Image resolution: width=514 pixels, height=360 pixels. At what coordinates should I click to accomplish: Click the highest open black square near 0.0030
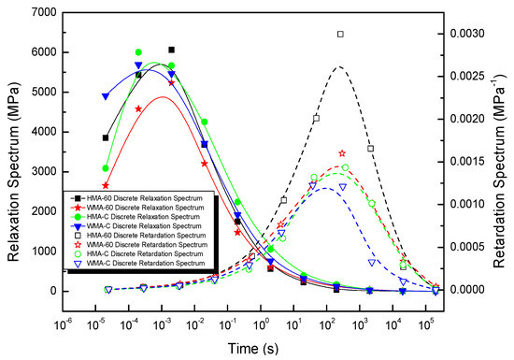point(340,35)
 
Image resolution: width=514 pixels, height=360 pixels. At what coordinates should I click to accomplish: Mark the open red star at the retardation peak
point(342,152)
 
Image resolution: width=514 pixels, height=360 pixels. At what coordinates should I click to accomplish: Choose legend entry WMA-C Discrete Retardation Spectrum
point(150,265)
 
